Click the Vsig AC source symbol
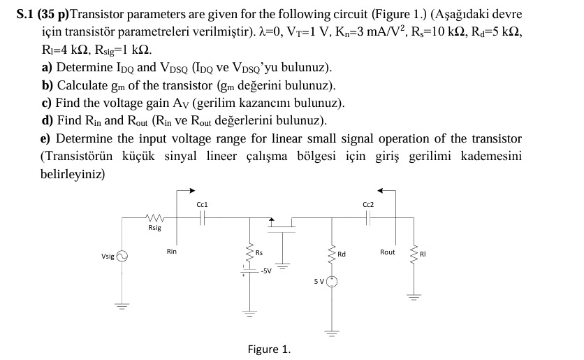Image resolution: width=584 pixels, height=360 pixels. [x=123, y=257]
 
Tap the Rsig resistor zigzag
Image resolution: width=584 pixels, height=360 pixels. [x=154, y=217]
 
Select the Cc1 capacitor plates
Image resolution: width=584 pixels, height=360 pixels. [x=202, y=217]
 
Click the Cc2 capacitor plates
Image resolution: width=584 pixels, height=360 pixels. [x=368, y=217]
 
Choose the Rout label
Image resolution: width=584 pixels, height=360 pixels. [x=387, y=252]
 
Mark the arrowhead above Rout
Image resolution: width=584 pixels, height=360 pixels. [x=381, y=189]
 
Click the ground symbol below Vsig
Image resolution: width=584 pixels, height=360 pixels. [x=123, y=305]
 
